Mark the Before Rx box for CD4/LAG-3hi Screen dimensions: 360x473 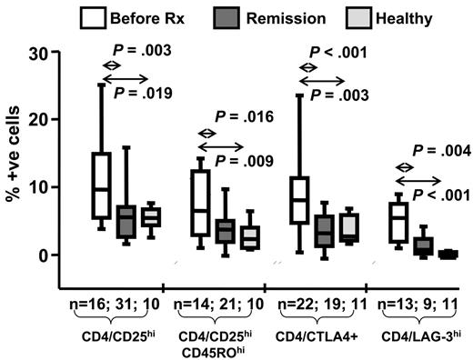tap(397, 224)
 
